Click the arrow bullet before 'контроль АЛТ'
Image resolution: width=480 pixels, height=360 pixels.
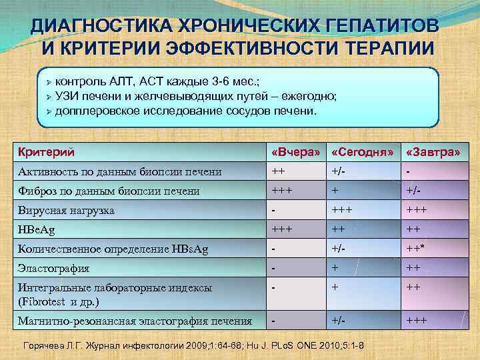(47, 81)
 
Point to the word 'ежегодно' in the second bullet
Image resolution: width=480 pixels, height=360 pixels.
(313, 95)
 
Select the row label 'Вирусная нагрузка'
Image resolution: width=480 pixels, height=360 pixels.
(66, 210)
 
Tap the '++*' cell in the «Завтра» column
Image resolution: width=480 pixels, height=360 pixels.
(416, 249)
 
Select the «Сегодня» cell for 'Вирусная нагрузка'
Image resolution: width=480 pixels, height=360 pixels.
(342, 210)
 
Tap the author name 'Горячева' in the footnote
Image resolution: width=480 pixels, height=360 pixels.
(47, 345)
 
